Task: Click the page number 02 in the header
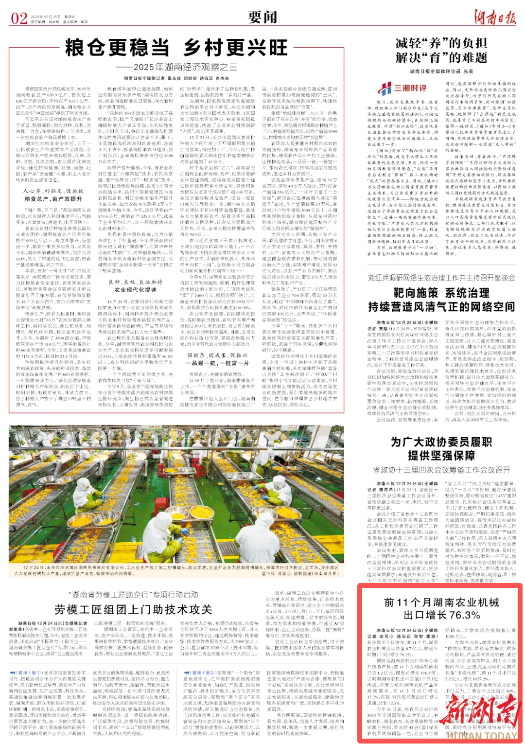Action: tap(19, 18)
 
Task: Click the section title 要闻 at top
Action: tap(262, 18)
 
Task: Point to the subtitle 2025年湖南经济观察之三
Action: tap(176, 67)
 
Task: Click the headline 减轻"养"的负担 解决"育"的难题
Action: tap(441, 51)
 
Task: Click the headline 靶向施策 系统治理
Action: tap(441, 293)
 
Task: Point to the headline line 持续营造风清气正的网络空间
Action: tap(441, 307)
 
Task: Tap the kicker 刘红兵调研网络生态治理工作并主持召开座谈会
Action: tap(441, 278)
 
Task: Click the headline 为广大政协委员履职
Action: tap(441, 442)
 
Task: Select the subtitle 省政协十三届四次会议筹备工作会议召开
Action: tap(441, 470)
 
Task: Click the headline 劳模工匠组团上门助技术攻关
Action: tap(133, 610)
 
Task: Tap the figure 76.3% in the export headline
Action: tap(465, 615)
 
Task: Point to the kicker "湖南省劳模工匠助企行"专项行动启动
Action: tap(133, 595)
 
